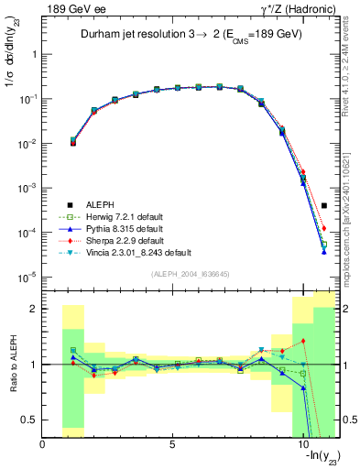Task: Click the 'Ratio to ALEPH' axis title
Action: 11,365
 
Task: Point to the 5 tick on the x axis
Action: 172,444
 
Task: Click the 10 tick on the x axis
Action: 302,444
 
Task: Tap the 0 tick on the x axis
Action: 43,444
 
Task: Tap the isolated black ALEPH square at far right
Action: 324,206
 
